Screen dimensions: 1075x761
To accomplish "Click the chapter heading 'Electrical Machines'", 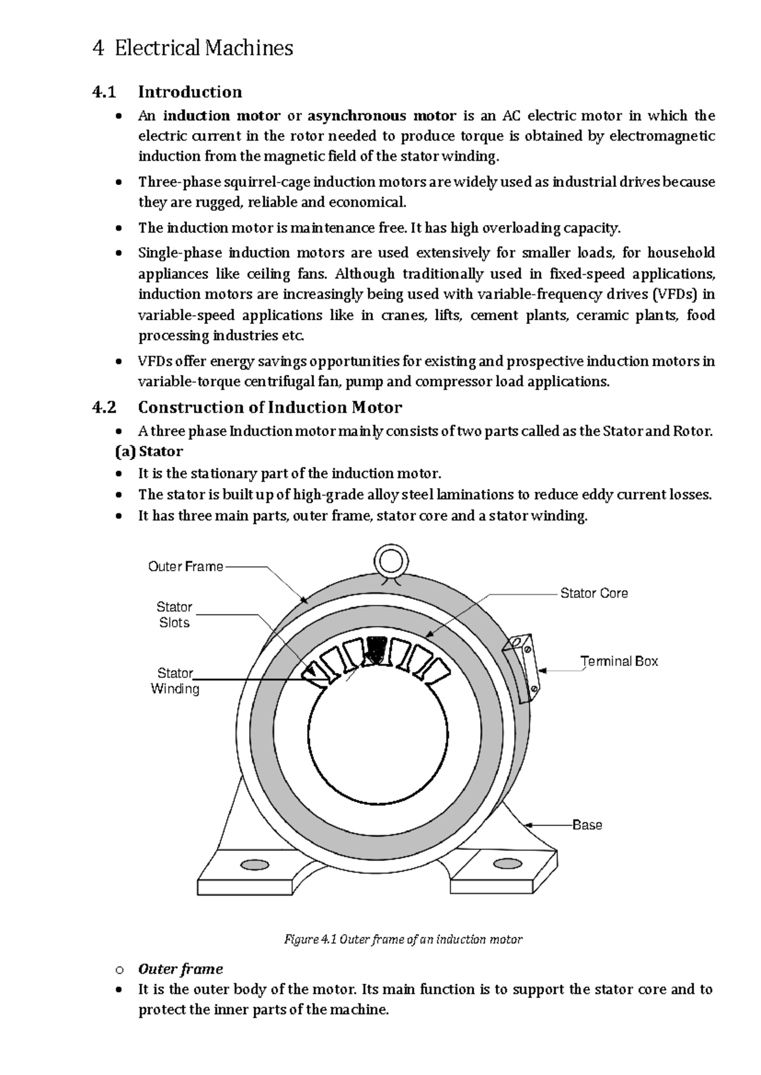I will click(204, 48).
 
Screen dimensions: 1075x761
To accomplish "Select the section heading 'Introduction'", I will click(190, 92).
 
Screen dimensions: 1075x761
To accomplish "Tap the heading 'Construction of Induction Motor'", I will click(270, 407).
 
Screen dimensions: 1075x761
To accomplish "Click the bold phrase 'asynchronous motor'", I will click(382, 115).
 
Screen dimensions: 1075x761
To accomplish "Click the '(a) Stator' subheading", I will click(148, 451).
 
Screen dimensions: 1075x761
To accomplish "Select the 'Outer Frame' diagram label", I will click(185, 567).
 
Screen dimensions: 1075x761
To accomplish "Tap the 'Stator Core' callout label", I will click(594, 593).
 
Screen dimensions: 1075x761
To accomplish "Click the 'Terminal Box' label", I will click(619, 661).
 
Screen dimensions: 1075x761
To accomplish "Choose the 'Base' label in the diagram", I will click(587, 825).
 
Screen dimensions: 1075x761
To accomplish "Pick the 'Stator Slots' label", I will click(174, 615).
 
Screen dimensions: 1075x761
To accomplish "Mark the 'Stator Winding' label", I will click(175, 681).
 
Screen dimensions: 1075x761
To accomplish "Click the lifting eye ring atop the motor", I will click(389, 561).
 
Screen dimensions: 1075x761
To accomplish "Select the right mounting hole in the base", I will click(507, 863).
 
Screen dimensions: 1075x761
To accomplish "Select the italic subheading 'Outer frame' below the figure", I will click(180, 969).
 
